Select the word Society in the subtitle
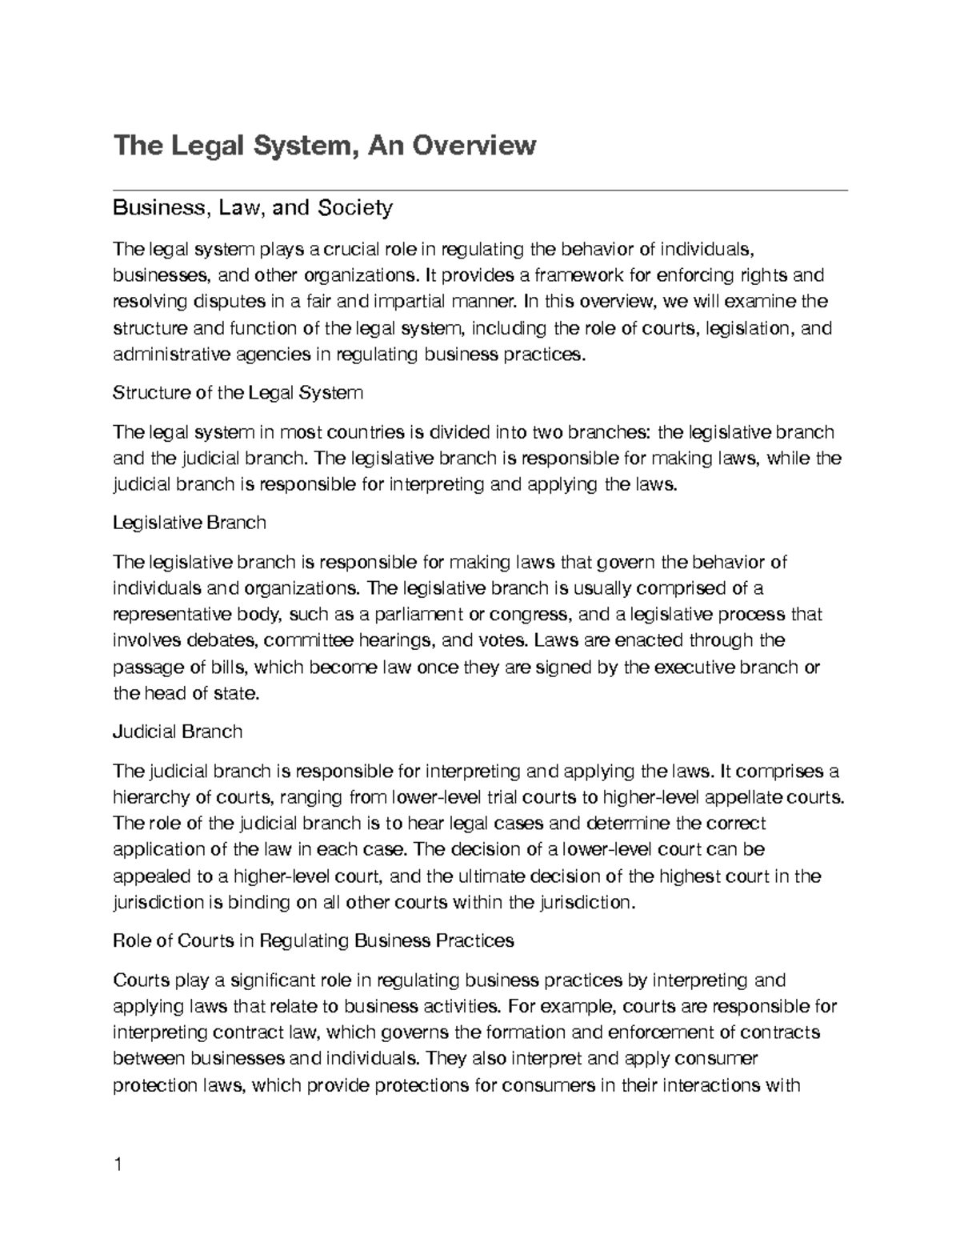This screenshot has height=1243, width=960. pyautogui.click(x=355, y=208)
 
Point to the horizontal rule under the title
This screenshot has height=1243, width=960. pyautogui.click(x=480, y=190)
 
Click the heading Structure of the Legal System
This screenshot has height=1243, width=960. pyautogui.click(x=238, y=393)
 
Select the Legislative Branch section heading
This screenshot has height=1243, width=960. pyautogui.click(x=190, y=523)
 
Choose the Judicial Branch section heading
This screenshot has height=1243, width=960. pyautogui.click(x=178, y=731)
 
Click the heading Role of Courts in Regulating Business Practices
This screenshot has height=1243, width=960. pyautogui.click(x=314, y=940)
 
